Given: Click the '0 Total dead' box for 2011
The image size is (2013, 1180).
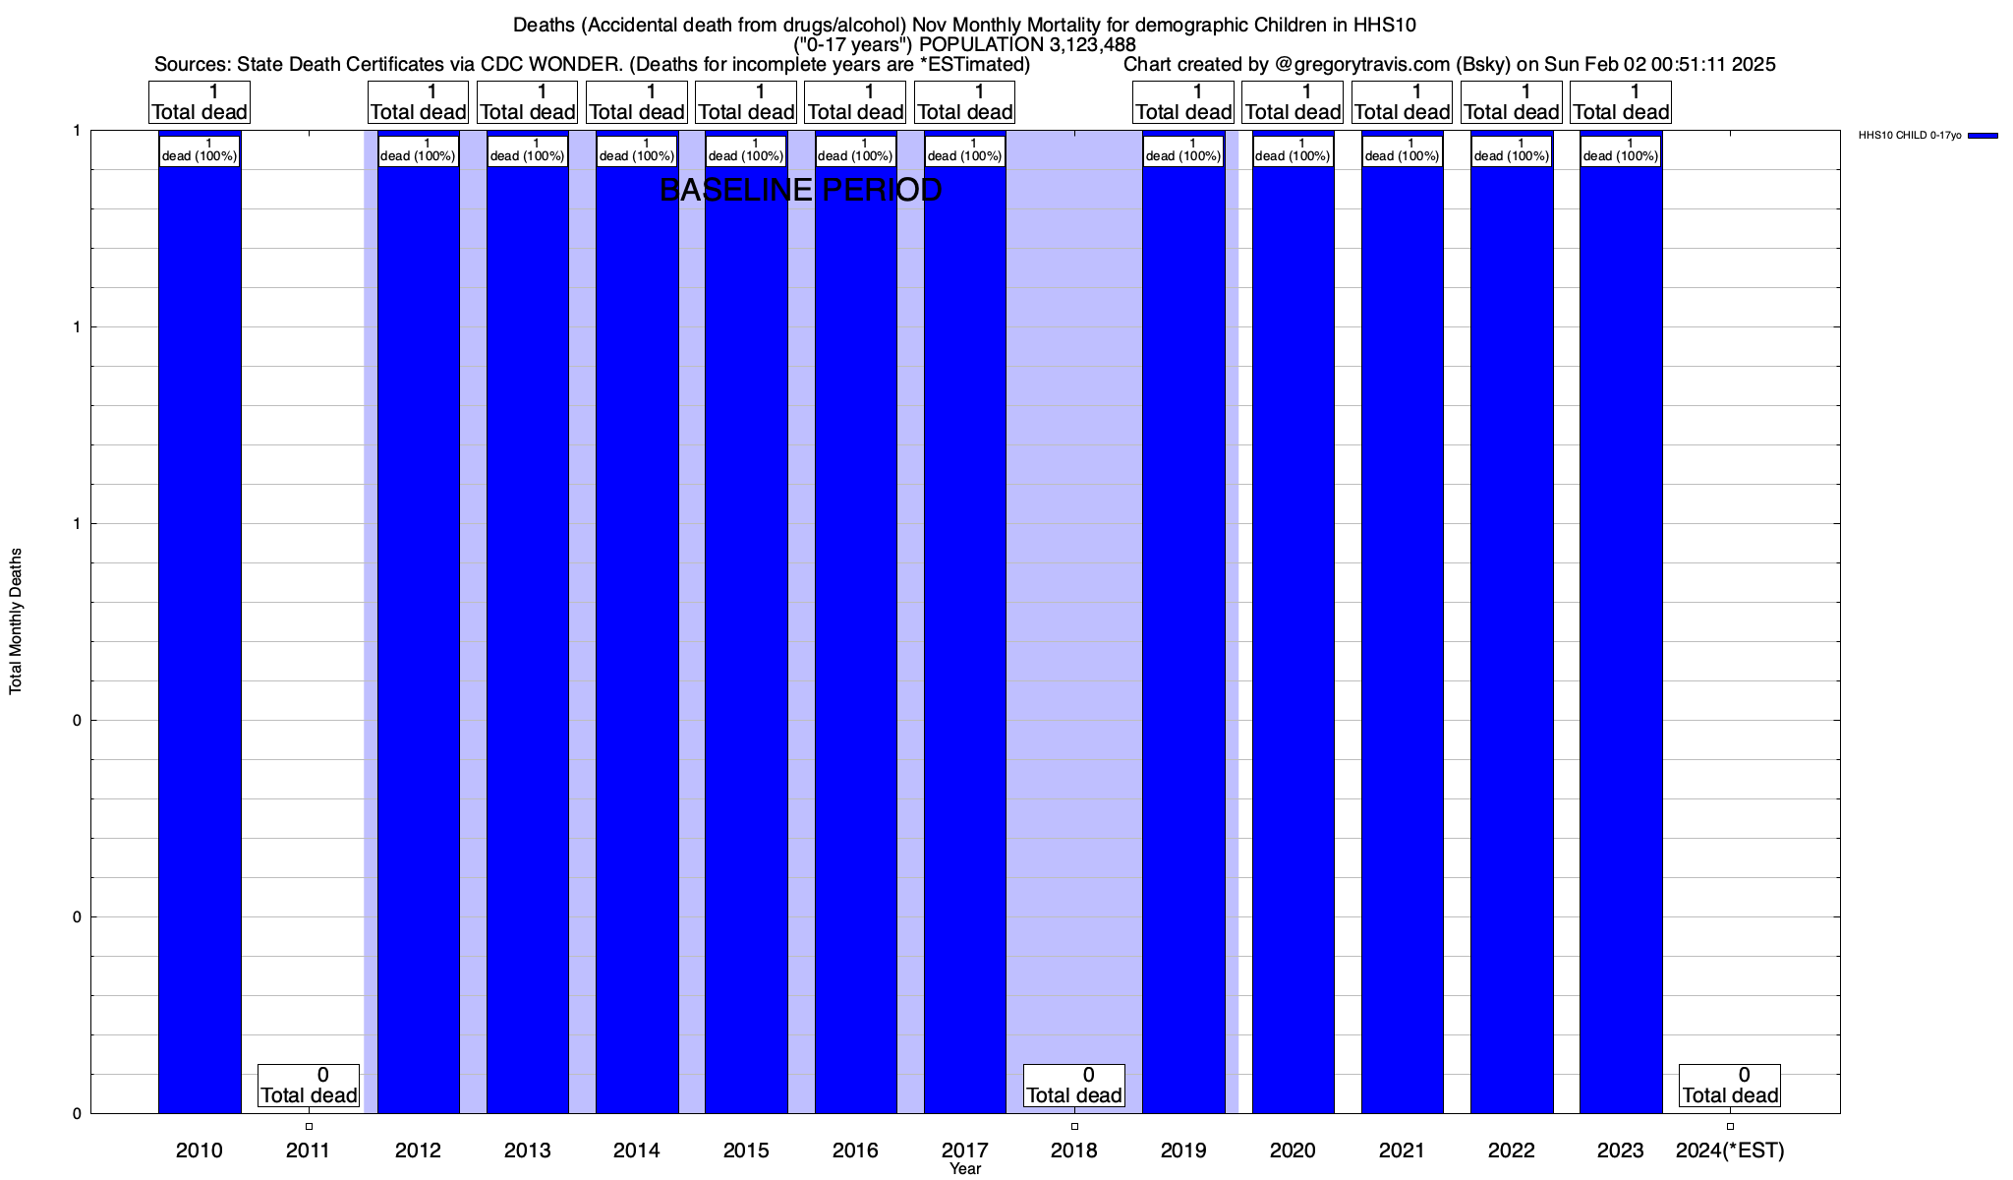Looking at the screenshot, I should [309, 1086].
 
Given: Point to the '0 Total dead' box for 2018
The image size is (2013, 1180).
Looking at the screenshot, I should [1074, 1086].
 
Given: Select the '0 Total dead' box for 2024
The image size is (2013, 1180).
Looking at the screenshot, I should [1730, 1086].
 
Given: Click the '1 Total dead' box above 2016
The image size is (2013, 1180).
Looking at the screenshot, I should [855, 102].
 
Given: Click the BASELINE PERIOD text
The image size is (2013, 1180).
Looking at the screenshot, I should [800, 190].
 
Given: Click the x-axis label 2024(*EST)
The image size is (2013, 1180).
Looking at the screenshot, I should [1730, 1150].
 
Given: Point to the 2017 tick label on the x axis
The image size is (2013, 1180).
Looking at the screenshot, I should [965, 1150].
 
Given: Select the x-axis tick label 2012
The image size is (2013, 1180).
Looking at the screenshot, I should [418, 1150].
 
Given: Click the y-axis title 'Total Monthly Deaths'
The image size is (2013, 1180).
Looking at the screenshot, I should [16, 621].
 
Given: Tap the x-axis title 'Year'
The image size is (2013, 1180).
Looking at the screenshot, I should [965, 1169].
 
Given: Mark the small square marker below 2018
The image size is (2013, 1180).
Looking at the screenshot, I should [1074, 1126].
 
